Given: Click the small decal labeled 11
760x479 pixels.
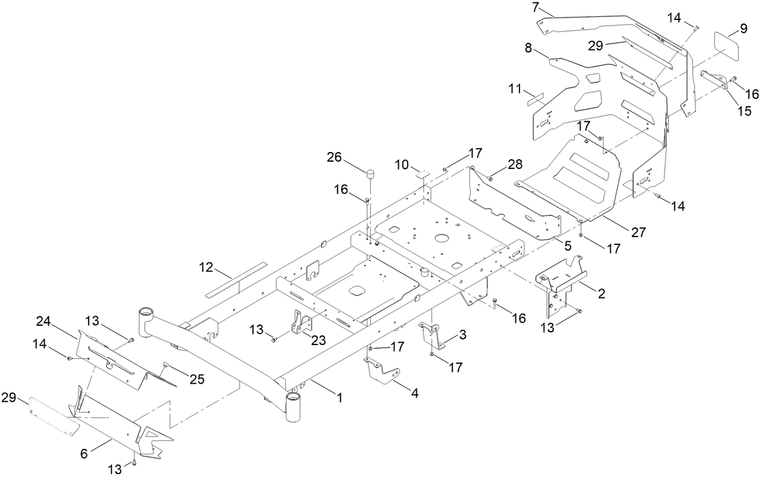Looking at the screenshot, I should [x=535, y=99].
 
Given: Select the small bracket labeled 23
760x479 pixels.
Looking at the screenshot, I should [x=300, y=322].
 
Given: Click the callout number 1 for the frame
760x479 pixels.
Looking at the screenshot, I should [x=340, y=398].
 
